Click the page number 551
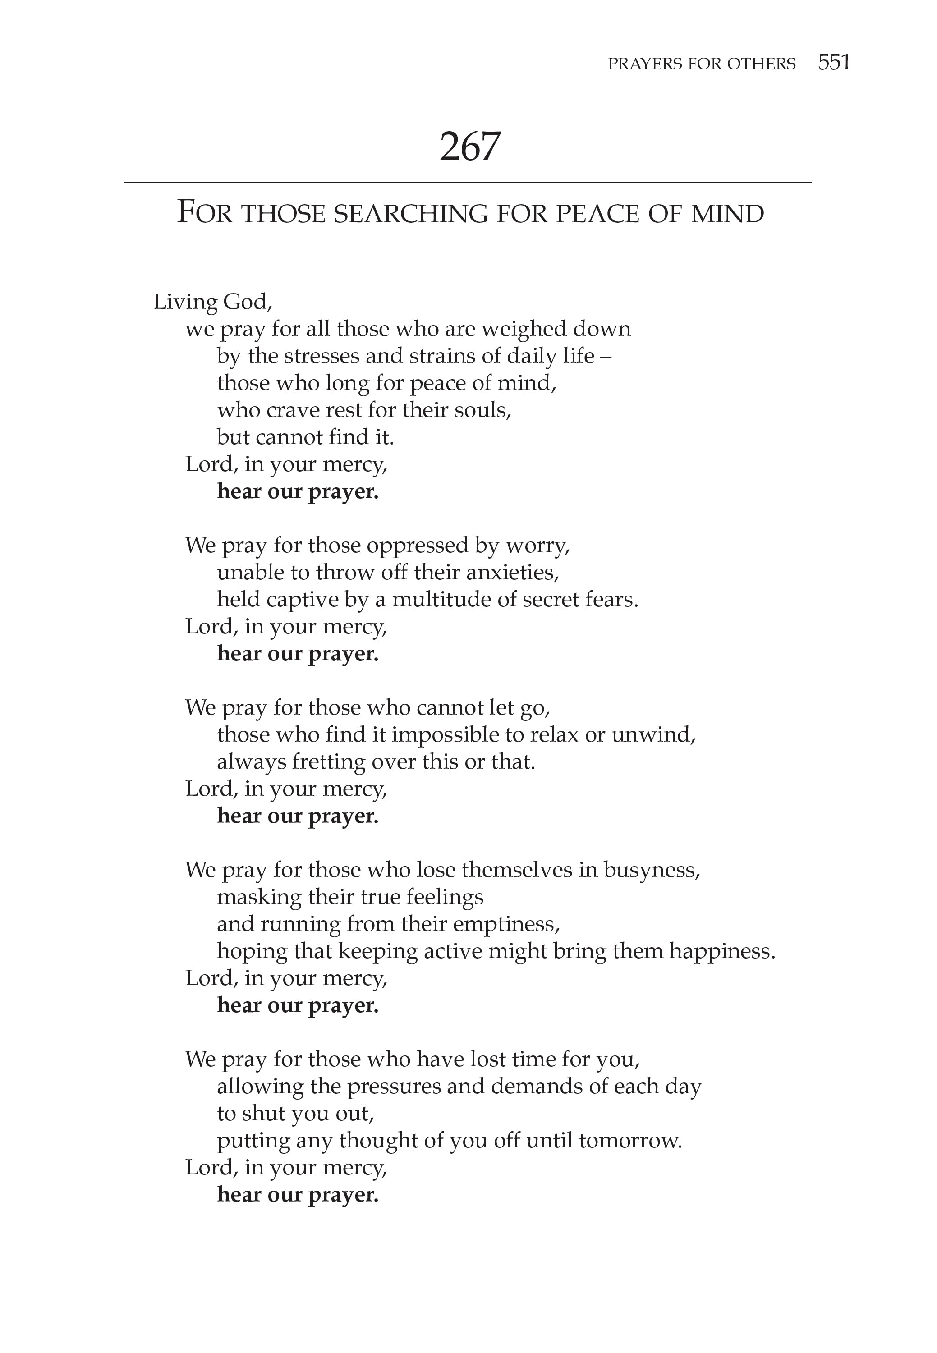pyautogui.click(x=834, y=62)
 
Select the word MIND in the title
pyautogui.click(x=728, y=214)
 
